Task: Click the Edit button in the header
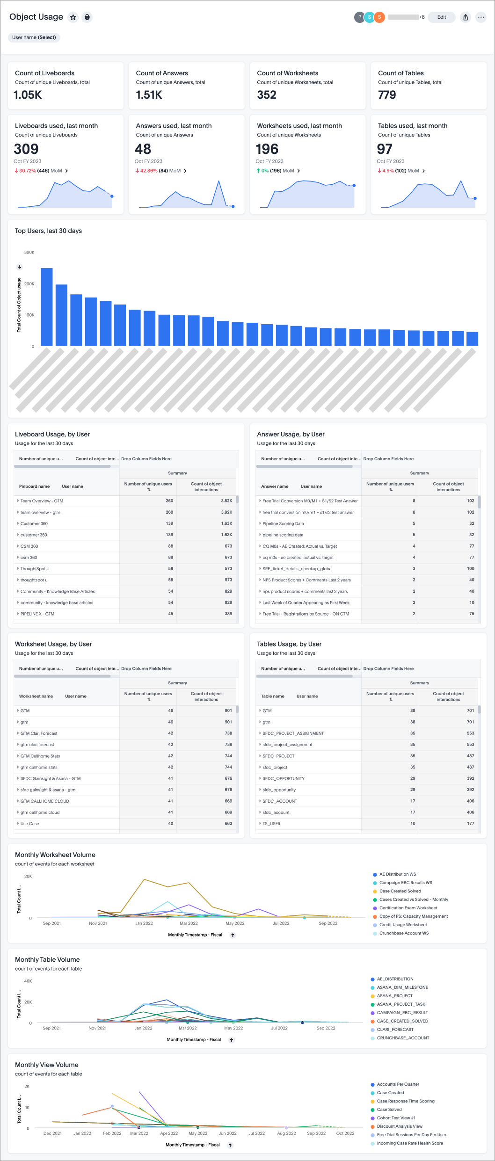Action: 441,17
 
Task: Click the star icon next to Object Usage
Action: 73,17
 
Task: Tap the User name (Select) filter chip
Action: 34,37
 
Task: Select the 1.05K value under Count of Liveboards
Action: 28,95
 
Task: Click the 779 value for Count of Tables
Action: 387,95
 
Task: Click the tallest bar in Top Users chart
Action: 47,306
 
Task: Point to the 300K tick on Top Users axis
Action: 29,252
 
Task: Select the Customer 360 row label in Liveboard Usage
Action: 34,523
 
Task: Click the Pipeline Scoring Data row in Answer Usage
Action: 283,523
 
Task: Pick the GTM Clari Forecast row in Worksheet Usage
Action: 39,733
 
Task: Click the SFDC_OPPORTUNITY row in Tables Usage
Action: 284,778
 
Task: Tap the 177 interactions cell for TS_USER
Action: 470,823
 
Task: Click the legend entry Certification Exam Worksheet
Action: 408,908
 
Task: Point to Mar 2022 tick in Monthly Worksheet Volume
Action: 189,923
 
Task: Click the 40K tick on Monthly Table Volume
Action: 28,981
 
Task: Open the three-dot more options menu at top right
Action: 480,17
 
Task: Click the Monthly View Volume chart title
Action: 47,1065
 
